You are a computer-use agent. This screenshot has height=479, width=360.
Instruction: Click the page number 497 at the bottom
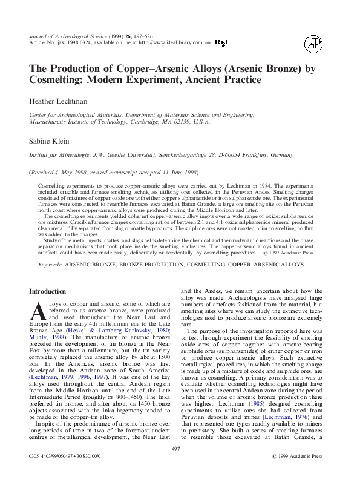point(177,465)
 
